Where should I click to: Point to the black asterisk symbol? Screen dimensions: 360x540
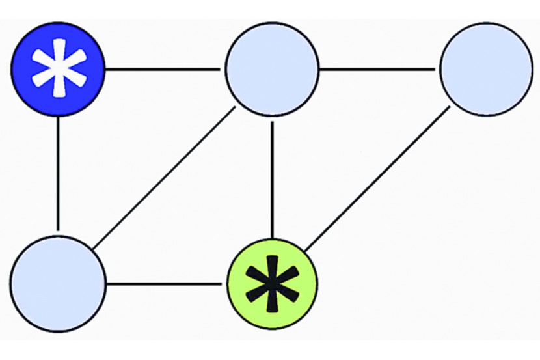[x=272, y=284]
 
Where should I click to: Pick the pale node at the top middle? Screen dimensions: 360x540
[x=272, y=69]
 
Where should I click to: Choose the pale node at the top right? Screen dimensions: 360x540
[x=486, y=69]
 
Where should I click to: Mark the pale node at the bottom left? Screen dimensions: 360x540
[x=58, y=284]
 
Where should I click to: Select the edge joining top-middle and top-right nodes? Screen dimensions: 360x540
[x=379, y=69]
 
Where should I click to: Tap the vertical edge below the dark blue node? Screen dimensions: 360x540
[x=59, y=174]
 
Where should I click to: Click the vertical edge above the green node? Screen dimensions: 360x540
[x=272, y=177]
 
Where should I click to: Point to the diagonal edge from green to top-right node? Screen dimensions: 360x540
[x=377, y=178]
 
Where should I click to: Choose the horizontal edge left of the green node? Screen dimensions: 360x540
[x=165, y=284]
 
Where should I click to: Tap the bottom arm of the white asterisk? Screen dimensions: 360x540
[x=59, y=88]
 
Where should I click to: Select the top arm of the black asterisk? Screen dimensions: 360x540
[x=272, y=266]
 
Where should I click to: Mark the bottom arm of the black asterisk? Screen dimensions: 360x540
[x=272, y=303]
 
